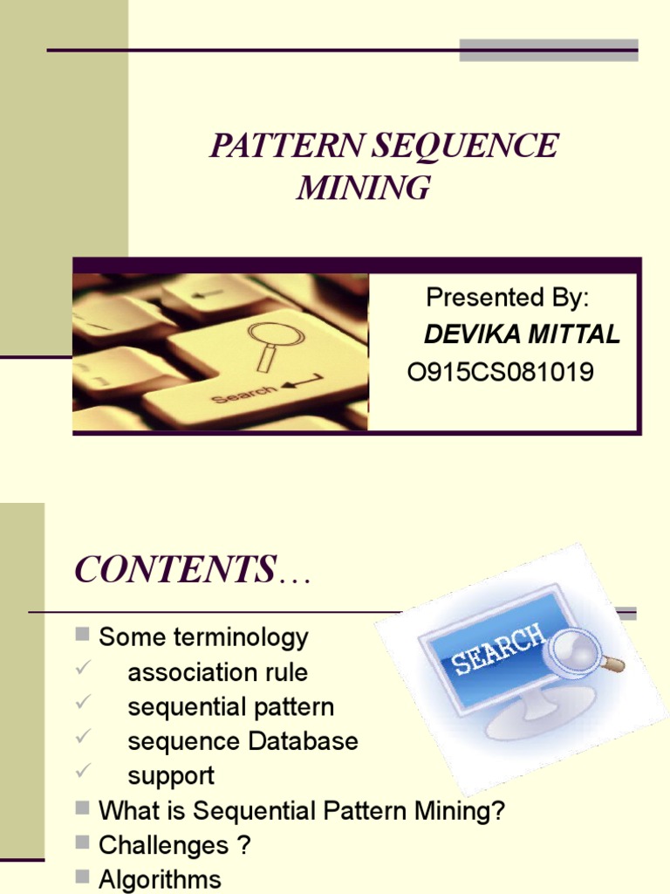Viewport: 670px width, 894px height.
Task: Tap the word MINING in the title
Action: [x=363, y=188]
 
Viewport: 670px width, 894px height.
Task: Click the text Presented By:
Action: [x=507, y=298]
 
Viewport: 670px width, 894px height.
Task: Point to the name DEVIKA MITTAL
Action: [x=522, y=334]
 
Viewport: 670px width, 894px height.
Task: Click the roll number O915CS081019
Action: [x=501, y=373]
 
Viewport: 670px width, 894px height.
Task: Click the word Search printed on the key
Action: [x=244, y=394]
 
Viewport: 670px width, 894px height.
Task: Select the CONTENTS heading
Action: [x=174, y=570]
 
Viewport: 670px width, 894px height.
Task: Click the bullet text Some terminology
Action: [x=203, y=637]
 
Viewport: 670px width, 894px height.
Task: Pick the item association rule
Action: [x=217, y=672]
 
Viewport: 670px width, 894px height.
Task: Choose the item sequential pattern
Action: [x=230, y=707]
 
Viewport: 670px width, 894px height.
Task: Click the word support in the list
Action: [x=171, y=776]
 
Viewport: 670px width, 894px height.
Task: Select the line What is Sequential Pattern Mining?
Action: [x=302, y=811]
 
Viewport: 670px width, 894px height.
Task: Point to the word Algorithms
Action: [x=160, y=879]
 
